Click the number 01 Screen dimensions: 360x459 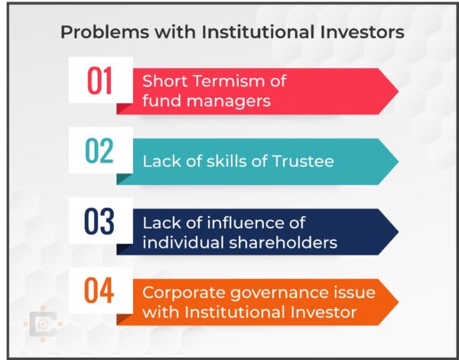tap(99, 80)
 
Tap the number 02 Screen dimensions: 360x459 tap(99, 151)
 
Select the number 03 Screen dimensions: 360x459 tap(99, 222)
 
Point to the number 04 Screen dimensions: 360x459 tap(99, 292)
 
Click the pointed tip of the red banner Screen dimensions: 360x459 tap(397, 91)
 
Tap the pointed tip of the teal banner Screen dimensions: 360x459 tap(397, 161)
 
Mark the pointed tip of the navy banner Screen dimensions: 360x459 tap(397, 232)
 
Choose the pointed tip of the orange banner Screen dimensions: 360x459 tap(397, 302)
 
